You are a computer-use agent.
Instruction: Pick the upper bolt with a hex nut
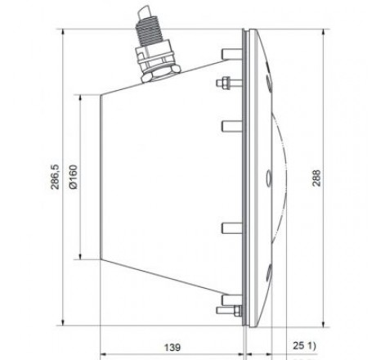pos(223,83)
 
